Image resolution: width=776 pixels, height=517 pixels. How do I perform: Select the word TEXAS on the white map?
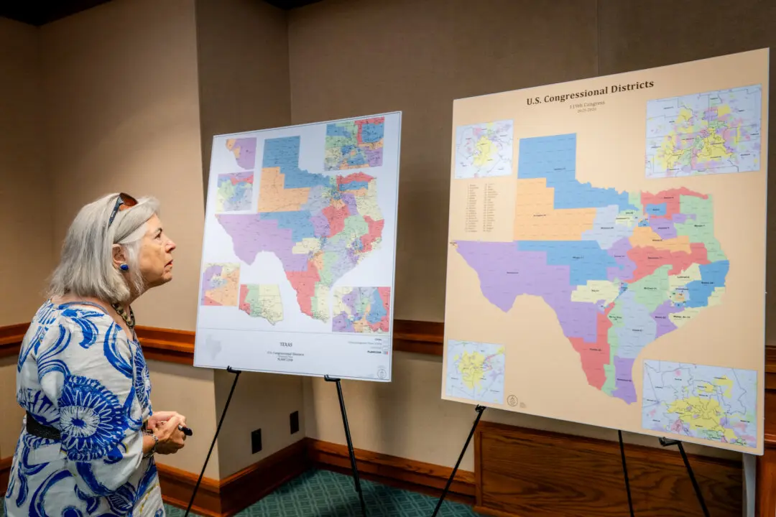(x=285, y=345)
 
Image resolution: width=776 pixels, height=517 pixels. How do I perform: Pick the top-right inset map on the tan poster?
(x=703, y=130)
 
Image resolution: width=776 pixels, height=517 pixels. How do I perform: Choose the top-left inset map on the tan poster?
(x=484, y=149)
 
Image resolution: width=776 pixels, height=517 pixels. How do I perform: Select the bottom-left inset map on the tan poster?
(x=474, y=371)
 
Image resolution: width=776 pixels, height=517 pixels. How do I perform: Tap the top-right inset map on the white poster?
(x=354, y=143)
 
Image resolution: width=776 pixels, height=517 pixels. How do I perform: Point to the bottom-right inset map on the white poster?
(x=361, y=309)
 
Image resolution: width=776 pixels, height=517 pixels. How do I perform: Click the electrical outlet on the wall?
(x=257, y=440)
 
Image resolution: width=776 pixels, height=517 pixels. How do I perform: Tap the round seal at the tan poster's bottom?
(x=512, y=400)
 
